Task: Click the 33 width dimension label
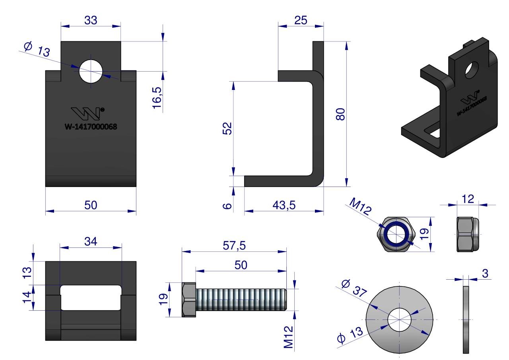click(91, 20)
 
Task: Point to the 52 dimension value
click(227, 129)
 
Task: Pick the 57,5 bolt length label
click(234, 246)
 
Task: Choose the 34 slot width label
click(91, 241)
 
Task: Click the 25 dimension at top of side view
click(301, 20)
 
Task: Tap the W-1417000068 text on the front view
click(91, 127)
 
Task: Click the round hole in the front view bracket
click(91, 72)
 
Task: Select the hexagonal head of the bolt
click(189, 300)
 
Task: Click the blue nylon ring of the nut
click(396, 234)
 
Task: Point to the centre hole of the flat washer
click(399, 320)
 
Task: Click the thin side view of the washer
click(466, 319)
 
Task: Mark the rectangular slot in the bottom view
click(91, 298)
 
